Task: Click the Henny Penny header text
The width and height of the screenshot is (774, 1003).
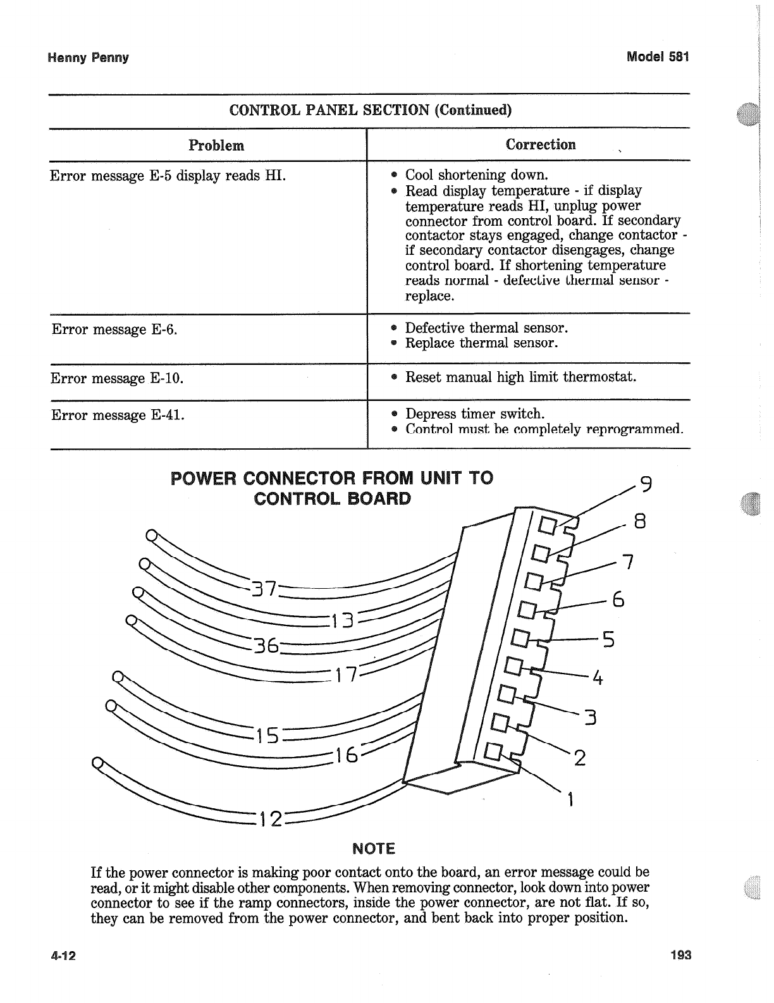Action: click(88, 58)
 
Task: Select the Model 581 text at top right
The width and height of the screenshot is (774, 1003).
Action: click(657, 56)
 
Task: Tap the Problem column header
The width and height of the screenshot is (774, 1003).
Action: click(216, 145)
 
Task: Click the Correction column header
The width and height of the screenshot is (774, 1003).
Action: click(541, 145)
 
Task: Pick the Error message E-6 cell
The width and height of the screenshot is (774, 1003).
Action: click(114, 329)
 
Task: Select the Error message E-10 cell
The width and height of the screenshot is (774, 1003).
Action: click(117, 379)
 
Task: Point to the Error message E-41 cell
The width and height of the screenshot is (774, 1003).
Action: click(118, 415)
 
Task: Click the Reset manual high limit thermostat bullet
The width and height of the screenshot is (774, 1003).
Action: click(520, 378)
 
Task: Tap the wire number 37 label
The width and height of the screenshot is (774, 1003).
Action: click(263, 588)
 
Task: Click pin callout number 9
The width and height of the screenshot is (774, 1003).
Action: click(646, 484)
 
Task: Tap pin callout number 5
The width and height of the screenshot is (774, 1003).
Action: click(608, 639)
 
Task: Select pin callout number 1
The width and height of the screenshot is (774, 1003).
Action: click(571, 800)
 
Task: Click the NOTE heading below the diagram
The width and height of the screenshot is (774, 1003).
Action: click(373, 848)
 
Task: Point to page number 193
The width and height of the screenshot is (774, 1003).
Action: click(680, 955)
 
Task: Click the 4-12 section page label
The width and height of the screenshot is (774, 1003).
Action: click(63, 956)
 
